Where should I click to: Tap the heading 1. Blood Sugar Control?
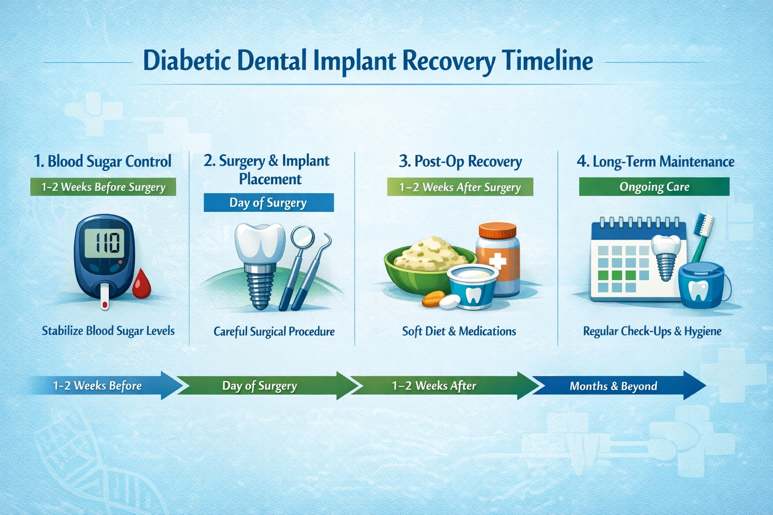point(103,161)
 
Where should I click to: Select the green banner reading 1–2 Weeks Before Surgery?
point(103,187)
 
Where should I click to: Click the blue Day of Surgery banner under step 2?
point(268,203)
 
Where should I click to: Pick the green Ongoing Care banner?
point(654,187)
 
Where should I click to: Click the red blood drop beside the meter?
point(141,285)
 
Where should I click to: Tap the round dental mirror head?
point(302,236)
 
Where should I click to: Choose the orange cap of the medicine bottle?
point(497,231)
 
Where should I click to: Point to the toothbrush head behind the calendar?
point(704,225)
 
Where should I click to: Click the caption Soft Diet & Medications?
point(459,331)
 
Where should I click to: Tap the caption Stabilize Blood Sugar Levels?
point(108,331)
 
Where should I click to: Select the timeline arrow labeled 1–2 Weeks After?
point(438,386)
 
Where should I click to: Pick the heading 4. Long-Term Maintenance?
point(655,161)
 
